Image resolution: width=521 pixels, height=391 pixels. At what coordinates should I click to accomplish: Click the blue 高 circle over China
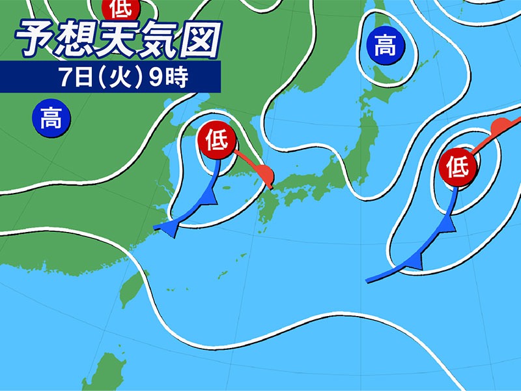click(51, 119)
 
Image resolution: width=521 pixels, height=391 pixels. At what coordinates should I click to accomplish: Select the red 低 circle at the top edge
click(120, 9)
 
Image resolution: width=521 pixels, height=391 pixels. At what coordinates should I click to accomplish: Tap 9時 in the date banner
click(171, 77)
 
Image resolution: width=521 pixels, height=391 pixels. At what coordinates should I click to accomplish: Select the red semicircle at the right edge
click(500, 126)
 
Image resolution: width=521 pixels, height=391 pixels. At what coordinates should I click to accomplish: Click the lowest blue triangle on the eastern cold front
click(414, 262)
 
